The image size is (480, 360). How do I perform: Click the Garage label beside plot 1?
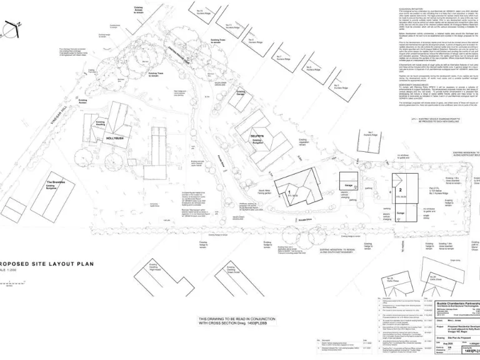click(x=348, y=186)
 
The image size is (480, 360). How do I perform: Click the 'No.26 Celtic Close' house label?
click(x=389, y=279)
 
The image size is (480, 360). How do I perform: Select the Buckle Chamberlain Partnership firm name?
click(x=457, y=302)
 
